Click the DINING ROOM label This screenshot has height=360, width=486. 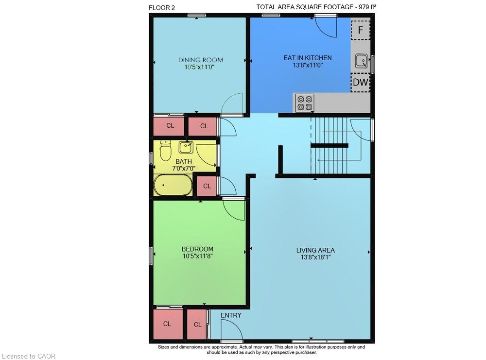201,60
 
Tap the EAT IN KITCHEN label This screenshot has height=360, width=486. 308,58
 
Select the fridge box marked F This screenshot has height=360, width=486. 361,30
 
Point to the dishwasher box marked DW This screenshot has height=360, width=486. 361,83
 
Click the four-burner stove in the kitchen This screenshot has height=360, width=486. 305,103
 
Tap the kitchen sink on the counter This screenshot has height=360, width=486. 362,61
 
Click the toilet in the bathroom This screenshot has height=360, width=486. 166,151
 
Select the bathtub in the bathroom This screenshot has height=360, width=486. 173,185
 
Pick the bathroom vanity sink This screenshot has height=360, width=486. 186,147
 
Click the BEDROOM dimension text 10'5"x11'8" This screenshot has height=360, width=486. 197,256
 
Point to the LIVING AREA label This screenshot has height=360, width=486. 315,250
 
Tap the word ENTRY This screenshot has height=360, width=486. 231,315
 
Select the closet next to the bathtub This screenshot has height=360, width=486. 207,186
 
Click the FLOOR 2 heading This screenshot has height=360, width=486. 162,8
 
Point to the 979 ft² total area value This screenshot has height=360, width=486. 367,7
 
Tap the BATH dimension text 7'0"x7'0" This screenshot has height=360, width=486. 184,169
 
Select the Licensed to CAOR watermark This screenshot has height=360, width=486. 29,356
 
